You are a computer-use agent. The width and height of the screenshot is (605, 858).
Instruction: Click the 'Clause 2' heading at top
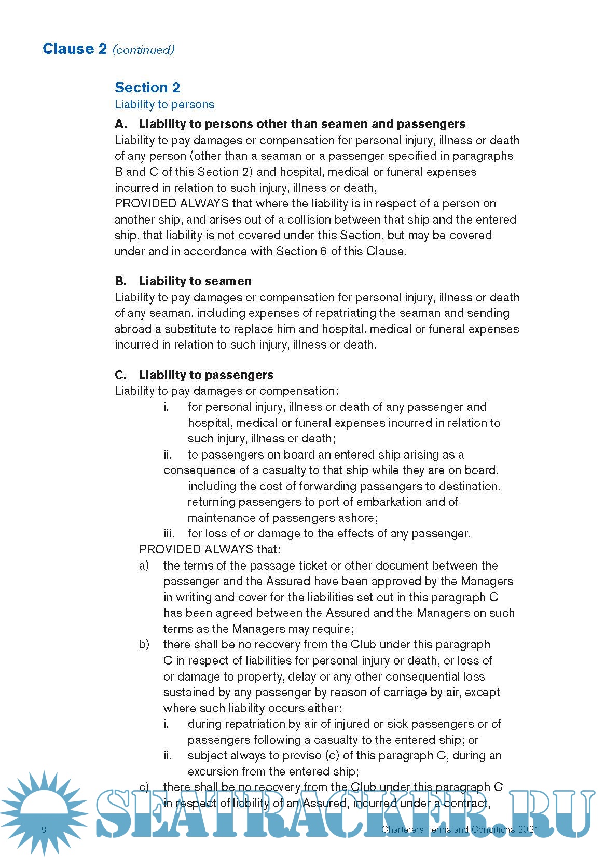(x=75, y=49)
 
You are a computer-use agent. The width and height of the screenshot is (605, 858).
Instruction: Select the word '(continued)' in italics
(x=144, y=50)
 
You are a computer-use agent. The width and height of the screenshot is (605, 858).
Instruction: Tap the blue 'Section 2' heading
(x=147, y=87)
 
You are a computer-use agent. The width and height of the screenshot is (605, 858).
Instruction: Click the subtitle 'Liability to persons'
(x=164, y=104)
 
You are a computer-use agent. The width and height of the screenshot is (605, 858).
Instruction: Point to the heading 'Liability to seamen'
(x=195, y=281)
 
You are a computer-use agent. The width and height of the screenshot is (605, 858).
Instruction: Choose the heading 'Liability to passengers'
(x=206, y=375)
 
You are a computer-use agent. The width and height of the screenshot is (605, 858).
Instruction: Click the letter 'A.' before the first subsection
(x=121, y=124)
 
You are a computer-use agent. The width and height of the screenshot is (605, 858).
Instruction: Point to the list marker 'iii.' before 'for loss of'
(x=169, y=533)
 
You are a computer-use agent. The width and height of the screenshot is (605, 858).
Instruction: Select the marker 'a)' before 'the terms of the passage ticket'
(x=144, y=565)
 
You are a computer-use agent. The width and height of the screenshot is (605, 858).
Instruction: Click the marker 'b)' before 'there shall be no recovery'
(x=144, y=644)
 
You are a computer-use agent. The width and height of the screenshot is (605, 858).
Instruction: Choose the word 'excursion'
(x=213, y=771)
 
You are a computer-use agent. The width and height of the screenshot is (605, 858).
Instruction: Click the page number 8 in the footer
(x=44, y=829)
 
